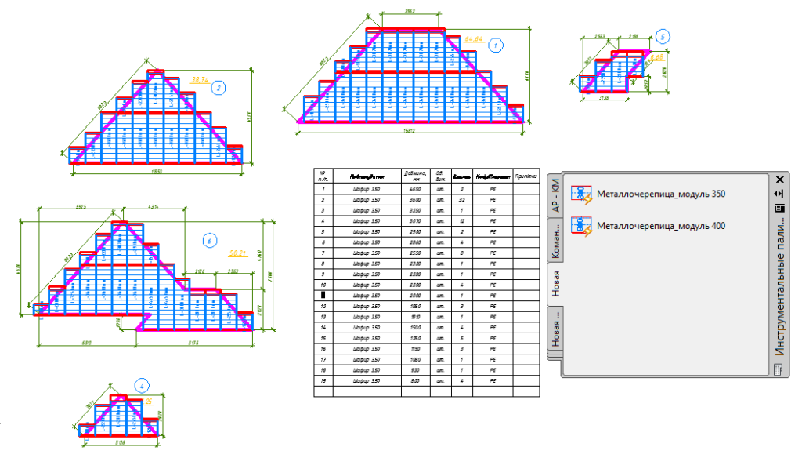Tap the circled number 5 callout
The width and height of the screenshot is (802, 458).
coord(663,36)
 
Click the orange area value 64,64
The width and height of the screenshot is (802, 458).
coord(474,38)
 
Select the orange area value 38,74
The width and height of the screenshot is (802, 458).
coord(199,80)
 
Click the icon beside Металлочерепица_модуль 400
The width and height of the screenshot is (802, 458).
coord(581,226)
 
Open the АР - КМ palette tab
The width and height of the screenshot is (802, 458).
coord(556,196)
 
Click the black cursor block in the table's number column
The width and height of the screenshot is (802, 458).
coord(322,295)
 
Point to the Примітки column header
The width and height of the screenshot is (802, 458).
coord(528,176)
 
